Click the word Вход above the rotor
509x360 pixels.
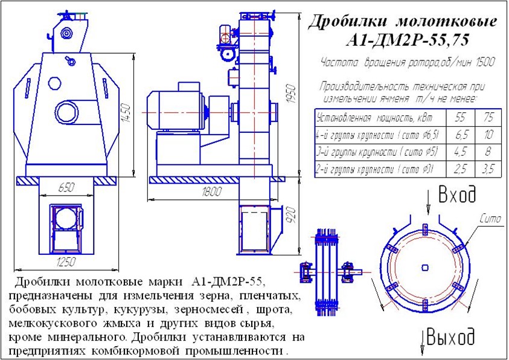[457, 195]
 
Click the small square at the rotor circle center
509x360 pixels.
[427, 267]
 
